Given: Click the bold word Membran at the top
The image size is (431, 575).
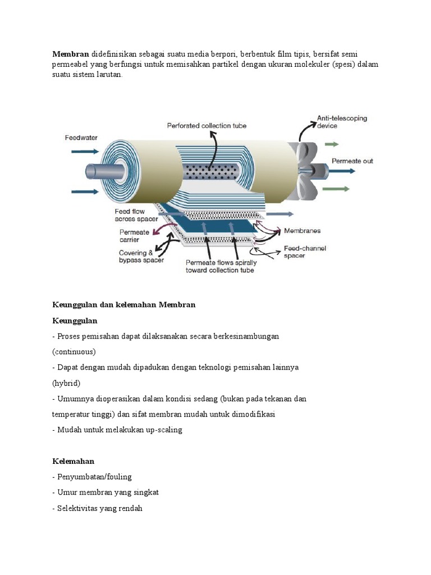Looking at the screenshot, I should click(71, 54).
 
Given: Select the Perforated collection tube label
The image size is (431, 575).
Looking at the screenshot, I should click(207, 126).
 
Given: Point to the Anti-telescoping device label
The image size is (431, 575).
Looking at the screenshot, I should click(342, 122).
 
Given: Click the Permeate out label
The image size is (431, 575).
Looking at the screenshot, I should click(352, 161).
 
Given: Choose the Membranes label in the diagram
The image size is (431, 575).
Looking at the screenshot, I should click(303, 230).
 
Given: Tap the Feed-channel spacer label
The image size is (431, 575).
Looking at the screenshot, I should click(305, 252).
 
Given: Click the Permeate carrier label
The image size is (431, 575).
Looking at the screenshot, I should click(134, 236).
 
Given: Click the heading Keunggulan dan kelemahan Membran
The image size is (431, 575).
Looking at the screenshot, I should click(123, 305).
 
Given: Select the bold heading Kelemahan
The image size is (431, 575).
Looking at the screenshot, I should click(74, 461).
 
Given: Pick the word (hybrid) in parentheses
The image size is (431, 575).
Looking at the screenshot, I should click(67, 383).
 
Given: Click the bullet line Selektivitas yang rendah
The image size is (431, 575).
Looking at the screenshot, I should click(100, 508).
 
